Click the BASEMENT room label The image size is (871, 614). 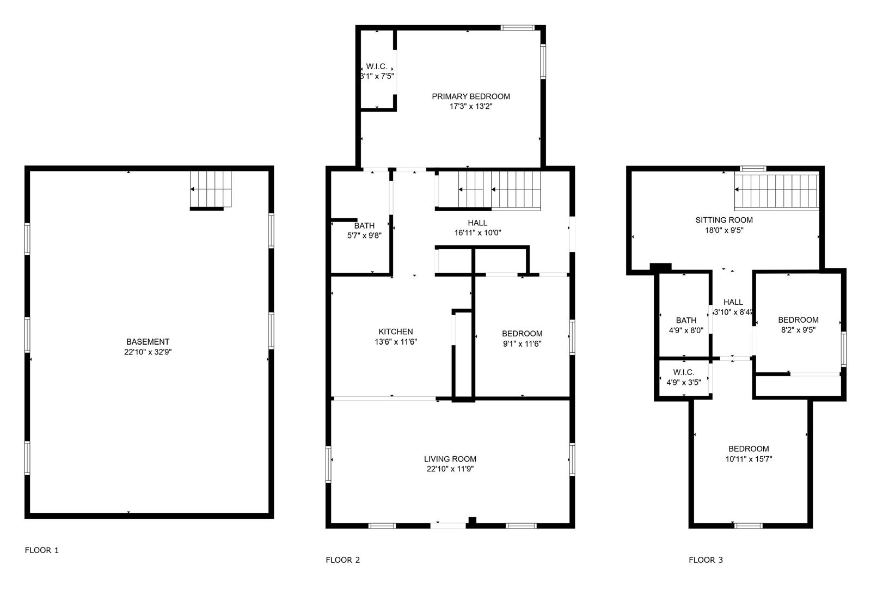(148, 342)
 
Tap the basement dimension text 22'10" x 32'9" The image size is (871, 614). (148, 352)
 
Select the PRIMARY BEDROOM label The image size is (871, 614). (471, 96)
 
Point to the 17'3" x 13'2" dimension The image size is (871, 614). (471, 107)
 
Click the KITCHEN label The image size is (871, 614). (395, 331)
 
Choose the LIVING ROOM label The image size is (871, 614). (450, 459)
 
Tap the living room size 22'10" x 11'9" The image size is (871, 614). (450, 469)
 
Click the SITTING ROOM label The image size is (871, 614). (724, 220)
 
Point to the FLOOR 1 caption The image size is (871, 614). (41, 550)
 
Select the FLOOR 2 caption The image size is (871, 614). (342, 560)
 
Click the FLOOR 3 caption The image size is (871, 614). (706, 560)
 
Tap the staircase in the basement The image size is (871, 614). (210, 189)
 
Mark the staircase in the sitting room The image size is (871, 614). (776, 191)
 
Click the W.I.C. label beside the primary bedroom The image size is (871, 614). (376, 66)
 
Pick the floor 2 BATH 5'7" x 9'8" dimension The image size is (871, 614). (364, 235)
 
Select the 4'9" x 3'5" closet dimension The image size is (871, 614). (684, 382)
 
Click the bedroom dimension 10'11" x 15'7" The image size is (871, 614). (749, 459)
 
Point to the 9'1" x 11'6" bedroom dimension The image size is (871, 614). (522, 344)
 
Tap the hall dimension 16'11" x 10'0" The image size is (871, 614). (477, 233)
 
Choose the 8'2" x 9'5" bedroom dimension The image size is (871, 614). (798, 330)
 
